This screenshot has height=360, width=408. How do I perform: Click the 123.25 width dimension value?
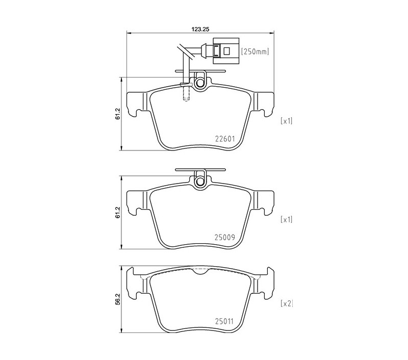(x=200, y=29)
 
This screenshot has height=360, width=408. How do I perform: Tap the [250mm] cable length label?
(x=255, y=52)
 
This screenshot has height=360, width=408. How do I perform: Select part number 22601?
(x=225, y=139)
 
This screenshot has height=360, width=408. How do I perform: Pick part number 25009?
(x=225, y=237)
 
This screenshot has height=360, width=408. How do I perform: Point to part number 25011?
(x=224, y=322)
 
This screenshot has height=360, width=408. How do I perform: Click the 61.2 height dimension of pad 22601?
(x=118, y=114)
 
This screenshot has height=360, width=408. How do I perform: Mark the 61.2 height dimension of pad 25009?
(x=118, y=213)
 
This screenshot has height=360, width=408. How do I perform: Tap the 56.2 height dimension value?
(x=118, y=299)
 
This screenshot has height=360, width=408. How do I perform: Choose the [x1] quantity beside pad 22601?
(x=287, y=121)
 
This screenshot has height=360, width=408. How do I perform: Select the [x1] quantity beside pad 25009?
(x=287, y=220)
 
